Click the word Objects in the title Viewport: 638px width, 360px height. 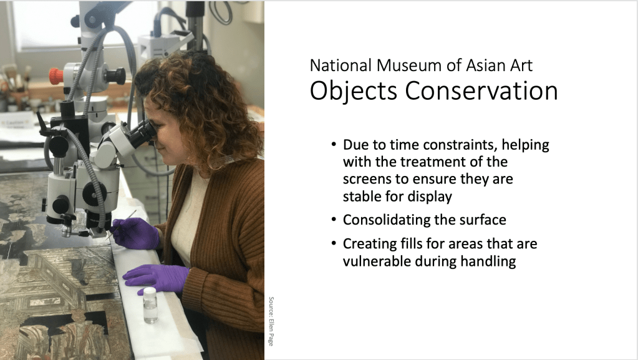point(353,91)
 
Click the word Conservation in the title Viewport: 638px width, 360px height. point(481,90)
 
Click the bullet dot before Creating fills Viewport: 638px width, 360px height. point(334,243)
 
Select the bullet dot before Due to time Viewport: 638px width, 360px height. point(334,145)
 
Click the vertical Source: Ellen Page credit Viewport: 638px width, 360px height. point(271,321)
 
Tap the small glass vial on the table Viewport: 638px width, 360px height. point(150,305)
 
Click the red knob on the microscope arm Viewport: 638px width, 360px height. point(56,75)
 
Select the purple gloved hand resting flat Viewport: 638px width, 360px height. point(156,277)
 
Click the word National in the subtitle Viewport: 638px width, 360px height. point(341,65)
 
